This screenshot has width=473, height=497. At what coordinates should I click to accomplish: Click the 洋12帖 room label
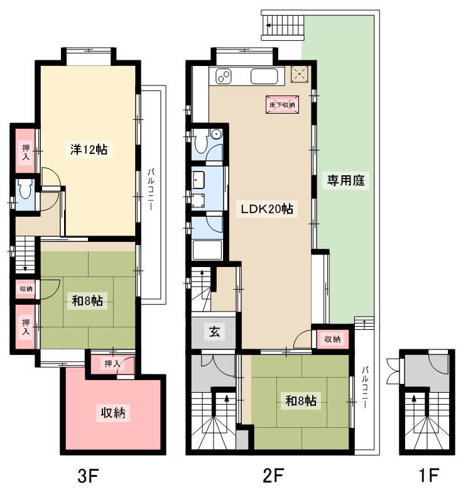tap(89, 150)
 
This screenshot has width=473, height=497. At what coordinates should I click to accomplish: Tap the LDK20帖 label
tap(267, 209)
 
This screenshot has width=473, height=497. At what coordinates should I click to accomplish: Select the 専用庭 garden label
tap(345, 181)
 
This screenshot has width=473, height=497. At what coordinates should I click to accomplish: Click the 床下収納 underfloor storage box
tap(282, 104)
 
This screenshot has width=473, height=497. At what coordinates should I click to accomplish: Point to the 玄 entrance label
tap(214, 332)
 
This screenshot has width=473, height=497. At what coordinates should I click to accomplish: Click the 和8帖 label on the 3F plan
tap(87, 300)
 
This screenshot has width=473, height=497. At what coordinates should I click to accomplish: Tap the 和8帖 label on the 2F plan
tap(301, 401)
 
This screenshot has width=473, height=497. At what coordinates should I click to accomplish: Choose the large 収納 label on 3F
tap(113, 412)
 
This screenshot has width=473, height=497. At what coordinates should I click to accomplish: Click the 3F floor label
tap(89, 476)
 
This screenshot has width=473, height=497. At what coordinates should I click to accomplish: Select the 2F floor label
tap(273, 476)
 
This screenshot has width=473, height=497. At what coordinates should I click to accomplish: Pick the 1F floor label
tap(428, 476)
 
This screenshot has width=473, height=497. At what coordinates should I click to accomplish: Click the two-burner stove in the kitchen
tap(224, 77)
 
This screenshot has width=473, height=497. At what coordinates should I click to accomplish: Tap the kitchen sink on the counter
tap(264, 77)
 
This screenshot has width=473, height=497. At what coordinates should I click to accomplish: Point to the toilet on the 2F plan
tap(201, 143)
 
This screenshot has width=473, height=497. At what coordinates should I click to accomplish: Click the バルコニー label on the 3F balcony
tap(151, 190)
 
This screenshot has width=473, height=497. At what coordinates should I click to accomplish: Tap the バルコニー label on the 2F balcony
tap(365, 387)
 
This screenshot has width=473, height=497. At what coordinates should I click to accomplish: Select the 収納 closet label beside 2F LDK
tap(332, 339)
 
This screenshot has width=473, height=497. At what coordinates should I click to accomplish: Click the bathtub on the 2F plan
tap(207, 249)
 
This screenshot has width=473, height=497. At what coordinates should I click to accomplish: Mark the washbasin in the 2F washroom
tap(198, 180)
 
